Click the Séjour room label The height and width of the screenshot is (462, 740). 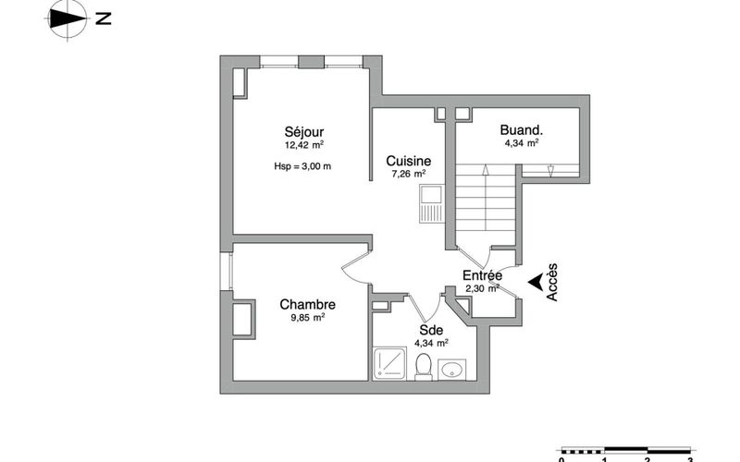[304, 132]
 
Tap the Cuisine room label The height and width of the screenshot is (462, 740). [408, 161]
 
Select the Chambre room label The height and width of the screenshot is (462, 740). [308, 305]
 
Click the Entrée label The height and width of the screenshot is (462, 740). [482, 275]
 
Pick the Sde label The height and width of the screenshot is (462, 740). [431, 330]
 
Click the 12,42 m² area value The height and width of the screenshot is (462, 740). [304, 145]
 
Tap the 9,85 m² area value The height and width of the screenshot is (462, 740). [308, 317]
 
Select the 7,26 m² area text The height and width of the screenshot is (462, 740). [409, 174]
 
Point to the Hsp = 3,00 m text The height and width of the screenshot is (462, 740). [302, 166]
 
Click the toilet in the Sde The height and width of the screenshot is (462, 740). [424, 367]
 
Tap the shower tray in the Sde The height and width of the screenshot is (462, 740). [389, 363]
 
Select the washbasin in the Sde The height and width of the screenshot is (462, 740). [452, 370]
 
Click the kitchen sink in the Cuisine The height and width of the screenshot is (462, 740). [431, 203]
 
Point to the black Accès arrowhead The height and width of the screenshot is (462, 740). [535, 283]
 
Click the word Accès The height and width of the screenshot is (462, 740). [551, 282]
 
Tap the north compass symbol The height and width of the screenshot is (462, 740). [68, 19]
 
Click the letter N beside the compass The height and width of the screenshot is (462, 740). [104, 18]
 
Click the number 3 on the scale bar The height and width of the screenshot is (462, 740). [690, 459]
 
